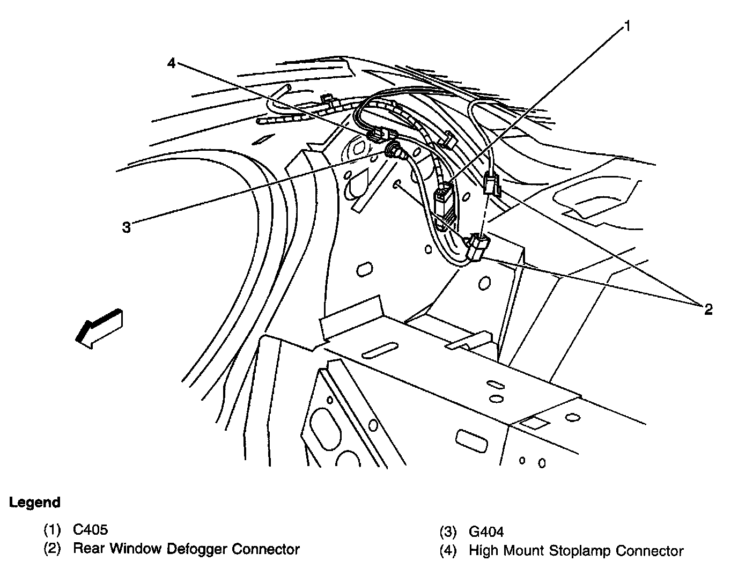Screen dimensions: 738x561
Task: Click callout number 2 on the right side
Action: [708, 309]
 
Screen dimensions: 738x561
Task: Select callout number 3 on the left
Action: [126, 228]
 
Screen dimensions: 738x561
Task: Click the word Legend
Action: [35, 503]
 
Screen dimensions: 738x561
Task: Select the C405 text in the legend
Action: [90, 530]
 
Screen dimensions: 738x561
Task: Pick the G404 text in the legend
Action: [486, 532]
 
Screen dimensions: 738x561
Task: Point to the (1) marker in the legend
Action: [53, 530]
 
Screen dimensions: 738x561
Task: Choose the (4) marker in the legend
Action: [448, 551]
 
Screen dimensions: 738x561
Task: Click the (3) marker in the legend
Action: [448, 532]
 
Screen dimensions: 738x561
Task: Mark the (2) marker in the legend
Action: [53, 549]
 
